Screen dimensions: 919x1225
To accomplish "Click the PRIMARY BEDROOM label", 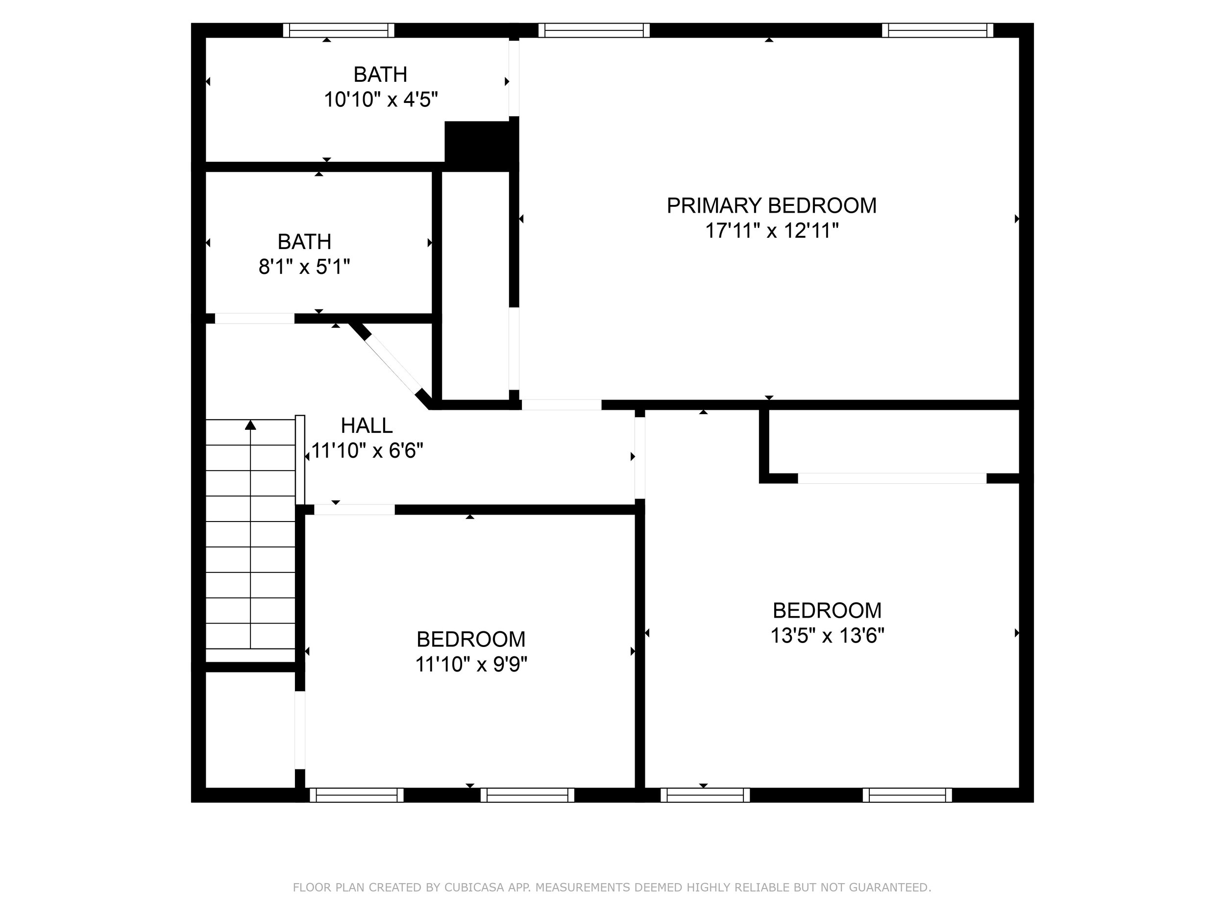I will tap(771, 205).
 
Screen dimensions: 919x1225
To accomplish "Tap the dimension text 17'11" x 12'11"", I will tap(771, 230).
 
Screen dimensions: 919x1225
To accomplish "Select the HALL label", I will tap(367, 425).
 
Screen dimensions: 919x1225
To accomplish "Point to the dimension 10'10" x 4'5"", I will tap(380, 99).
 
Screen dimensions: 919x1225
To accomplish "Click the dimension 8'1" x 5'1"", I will tap(304, 267).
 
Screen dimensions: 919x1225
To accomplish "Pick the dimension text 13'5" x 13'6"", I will tap(827, 635).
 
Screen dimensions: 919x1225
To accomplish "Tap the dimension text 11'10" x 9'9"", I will tap(471, 664).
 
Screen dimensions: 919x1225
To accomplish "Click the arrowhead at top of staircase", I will tap(250, 425).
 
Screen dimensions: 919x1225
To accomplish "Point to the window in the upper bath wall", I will tap(339, 30).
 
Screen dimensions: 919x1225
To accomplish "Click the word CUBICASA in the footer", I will tap(473, 888).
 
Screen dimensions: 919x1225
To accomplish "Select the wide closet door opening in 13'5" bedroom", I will tap(892, 478).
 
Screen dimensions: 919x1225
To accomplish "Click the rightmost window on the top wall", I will tap(937, 30).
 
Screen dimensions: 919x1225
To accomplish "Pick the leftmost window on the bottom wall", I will tap(356, 795).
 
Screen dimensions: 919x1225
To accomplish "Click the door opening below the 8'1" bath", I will tap(254, 319).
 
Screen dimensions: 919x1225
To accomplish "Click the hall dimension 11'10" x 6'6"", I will tap(367, 450).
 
